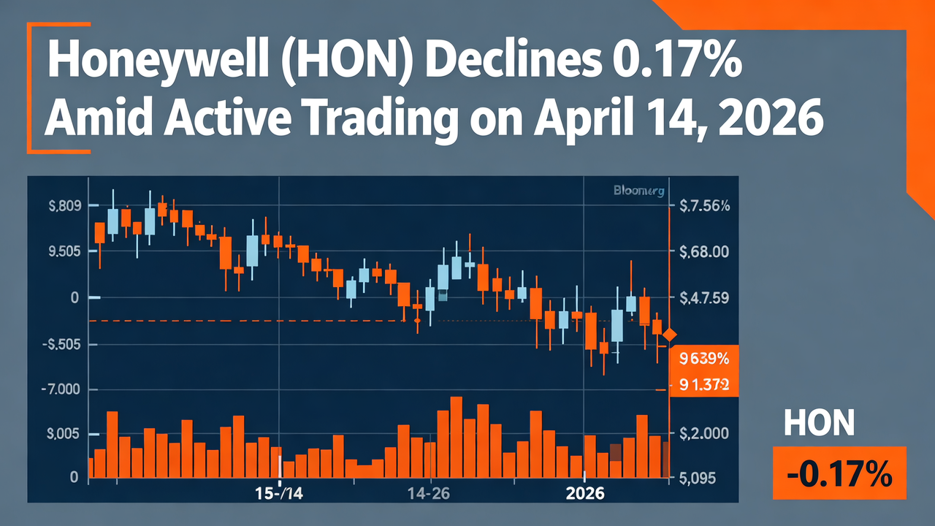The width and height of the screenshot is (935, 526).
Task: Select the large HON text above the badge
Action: [818, 423]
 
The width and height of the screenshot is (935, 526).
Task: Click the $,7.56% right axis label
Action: [704, 206]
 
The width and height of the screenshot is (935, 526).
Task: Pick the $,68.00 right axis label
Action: [704, 252]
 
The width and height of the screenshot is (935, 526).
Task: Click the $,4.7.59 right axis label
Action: [704, 298]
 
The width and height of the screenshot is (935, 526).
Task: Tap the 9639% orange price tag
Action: [704, 359]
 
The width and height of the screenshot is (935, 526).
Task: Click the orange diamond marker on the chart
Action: [669, 335]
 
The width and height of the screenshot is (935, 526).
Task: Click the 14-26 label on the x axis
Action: [430, 493]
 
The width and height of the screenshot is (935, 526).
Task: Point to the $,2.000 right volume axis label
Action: [704, 434]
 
